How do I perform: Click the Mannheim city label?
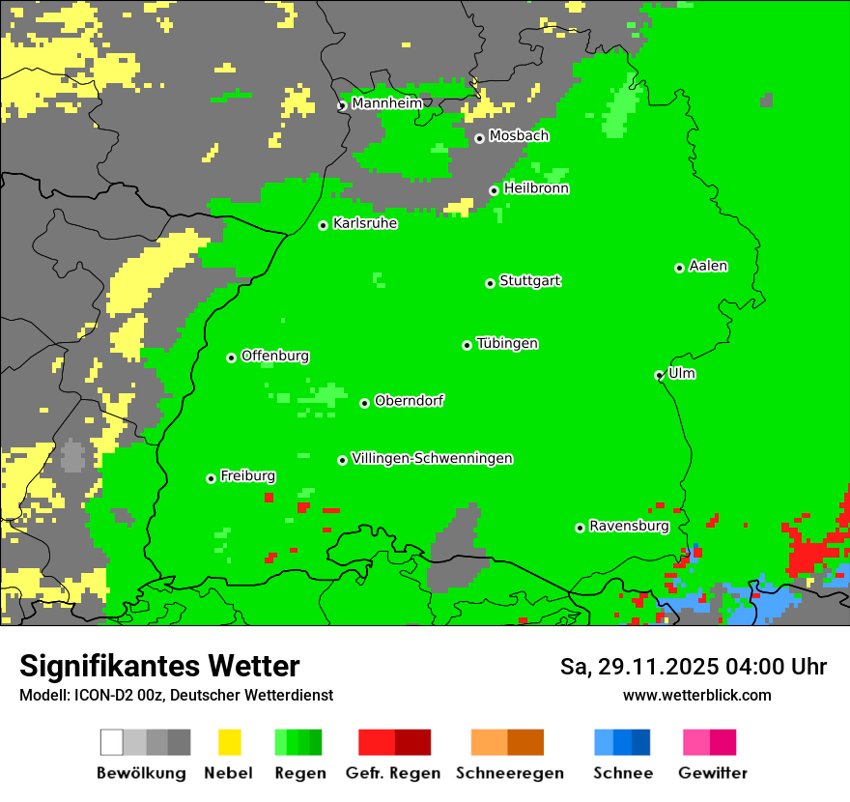[386, 103]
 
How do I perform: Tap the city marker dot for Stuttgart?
[490, 283]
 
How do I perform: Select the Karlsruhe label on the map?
[365, 223]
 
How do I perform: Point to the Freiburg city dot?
[211, 478]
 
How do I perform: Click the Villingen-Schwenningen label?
[432, 458]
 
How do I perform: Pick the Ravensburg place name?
[629, 527]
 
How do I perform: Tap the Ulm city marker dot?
[659, 375]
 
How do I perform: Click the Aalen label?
[708, 266]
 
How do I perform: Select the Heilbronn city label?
[536, 188]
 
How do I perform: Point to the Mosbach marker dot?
[479, 138]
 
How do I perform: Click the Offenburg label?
[275, 356]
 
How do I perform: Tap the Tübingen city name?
[507, 343]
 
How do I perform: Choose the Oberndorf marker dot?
[364, 403]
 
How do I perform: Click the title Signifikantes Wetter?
[159, 666]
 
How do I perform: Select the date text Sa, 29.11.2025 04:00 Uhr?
[694, 667]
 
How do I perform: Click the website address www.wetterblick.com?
[696, 695]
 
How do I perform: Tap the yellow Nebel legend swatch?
[229, 742]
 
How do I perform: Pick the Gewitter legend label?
[713, 773]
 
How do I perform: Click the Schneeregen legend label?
[509, 773]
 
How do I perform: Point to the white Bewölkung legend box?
[112, 742]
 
